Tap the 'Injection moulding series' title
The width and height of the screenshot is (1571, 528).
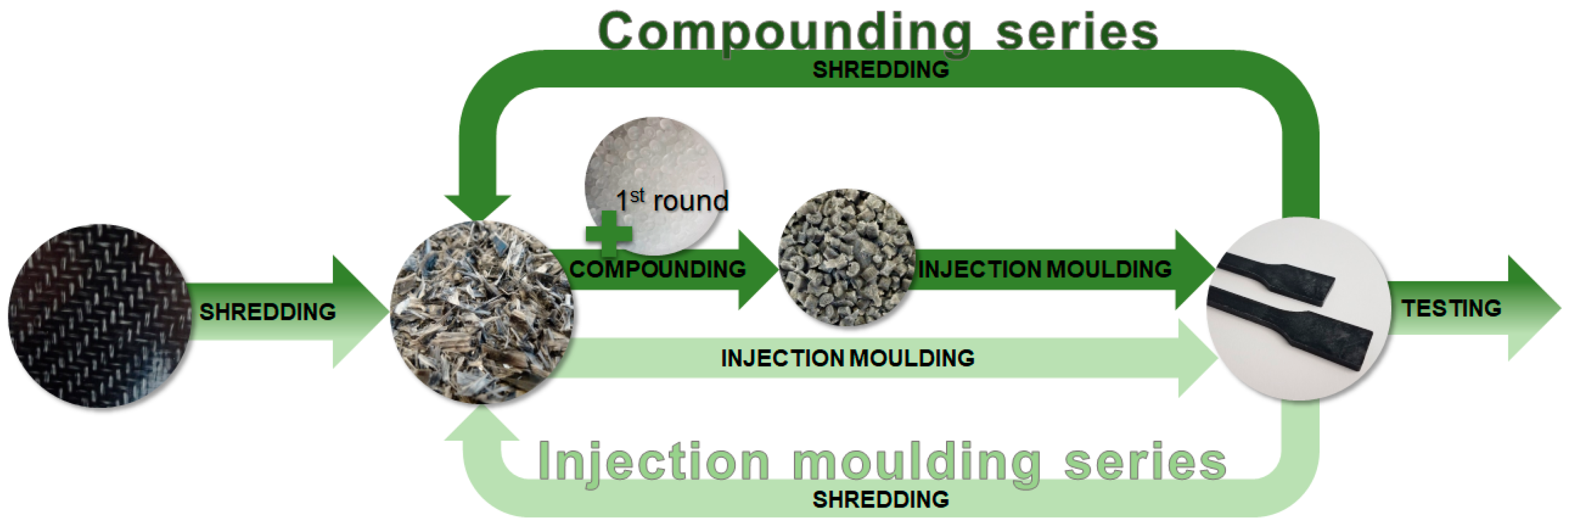(882, 463)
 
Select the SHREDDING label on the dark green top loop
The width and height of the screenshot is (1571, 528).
(881, 69)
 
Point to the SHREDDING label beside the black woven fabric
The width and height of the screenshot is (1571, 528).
(268, 312)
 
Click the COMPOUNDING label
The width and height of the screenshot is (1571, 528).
(658, 269)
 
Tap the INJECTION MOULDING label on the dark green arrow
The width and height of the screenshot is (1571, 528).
(1045, 269)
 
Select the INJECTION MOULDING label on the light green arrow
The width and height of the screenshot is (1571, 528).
(848, 358)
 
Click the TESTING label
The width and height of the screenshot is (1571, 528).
(1451, 308)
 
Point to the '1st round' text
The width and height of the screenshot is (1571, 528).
(672, 200)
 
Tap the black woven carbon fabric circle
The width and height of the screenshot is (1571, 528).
(100, 316)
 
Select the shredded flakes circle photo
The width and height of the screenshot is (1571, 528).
(482, 313)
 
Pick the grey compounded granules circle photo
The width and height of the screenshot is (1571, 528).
(847, 257)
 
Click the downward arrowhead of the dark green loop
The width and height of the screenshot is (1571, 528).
(477, 208)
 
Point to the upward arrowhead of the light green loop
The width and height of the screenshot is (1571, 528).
(481, 422)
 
